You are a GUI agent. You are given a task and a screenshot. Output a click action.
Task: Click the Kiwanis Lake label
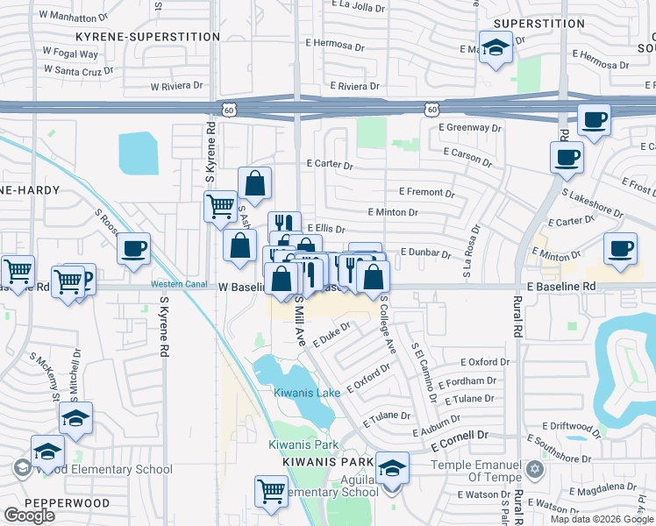(x=306, y=393)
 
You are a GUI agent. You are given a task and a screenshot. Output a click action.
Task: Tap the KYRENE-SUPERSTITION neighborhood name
(x=147, y=37)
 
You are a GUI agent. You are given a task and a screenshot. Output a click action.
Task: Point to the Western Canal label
(x=179, y=284)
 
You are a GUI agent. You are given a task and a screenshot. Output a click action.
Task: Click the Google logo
(x=29, y=515)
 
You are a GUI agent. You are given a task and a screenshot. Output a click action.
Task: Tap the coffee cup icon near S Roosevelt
(x=133, y=248)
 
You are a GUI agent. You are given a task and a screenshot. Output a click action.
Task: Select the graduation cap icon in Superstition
(x=496, y=46)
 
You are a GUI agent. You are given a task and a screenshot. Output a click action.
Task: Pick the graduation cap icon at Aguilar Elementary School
(x=392, y=468)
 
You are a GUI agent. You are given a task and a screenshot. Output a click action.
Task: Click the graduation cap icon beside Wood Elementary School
(x=47, y=451)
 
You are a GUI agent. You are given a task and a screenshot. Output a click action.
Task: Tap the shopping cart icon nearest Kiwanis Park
(x=271, y=490)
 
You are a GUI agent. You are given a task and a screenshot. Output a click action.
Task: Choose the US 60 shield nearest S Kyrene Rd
(x=229, y=110)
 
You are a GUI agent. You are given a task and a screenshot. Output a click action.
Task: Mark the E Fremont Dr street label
(x=426, y=192)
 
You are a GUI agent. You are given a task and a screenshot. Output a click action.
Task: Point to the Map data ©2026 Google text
(x=603, y=519)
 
